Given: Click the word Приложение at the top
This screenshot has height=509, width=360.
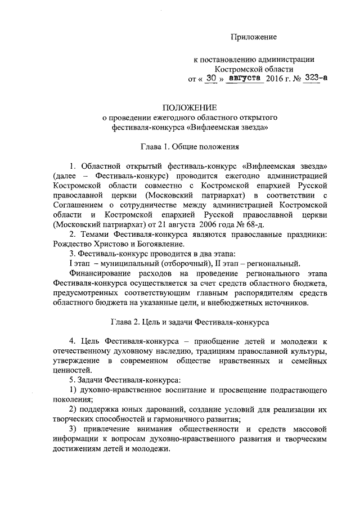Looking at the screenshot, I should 255,37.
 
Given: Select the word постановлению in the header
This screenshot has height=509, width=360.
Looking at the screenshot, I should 227,58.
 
